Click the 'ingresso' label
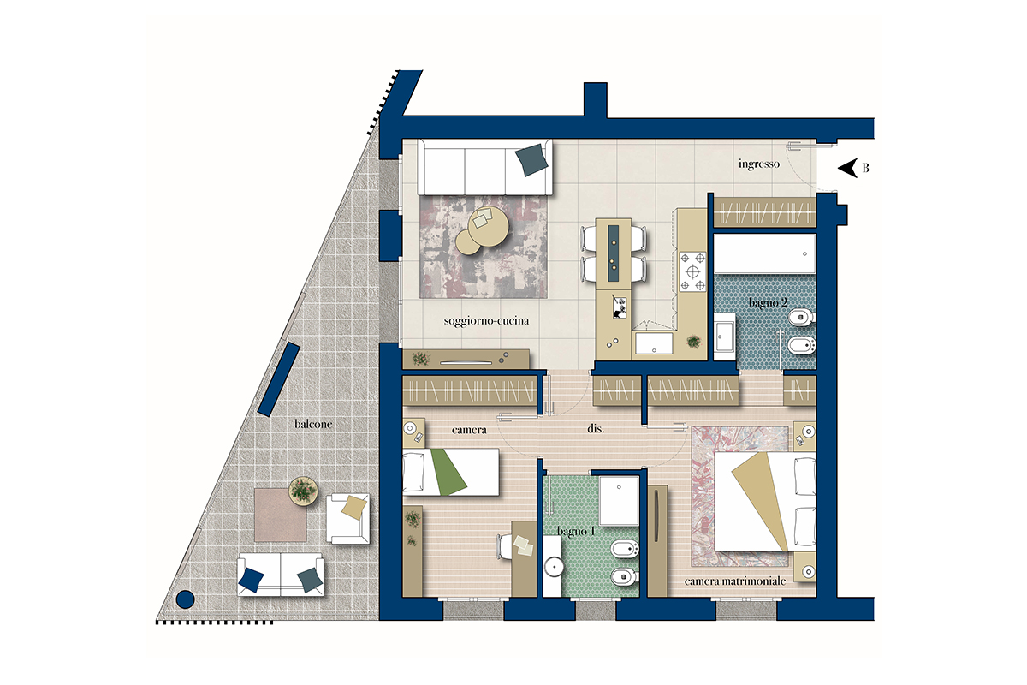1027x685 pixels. coord(759,164)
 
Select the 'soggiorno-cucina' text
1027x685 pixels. coord(486,321)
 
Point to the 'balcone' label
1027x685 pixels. coord(313,424)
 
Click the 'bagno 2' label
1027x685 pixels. coord(768,302)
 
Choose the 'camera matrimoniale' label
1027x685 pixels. coord(735,581)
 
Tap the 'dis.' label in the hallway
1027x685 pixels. coord(596,429)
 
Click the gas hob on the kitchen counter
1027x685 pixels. coord(692,271)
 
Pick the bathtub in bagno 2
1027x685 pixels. coord(765,253)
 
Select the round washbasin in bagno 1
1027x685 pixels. coord(554,567)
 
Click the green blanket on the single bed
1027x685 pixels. coord(448,472)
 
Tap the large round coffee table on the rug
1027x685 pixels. coord(489,227)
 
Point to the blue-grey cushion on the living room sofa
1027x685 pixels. coord(531,159)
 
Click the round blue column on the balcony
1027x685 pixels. coord(185,599)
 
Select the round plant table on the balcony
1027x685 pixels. coord(303,491)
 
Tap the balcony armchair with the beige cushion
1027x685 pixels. coord(347,518)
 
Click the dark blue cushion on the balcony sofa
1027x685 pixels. coord(252,580)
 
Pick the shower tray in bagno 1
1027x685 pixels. coord(619,501)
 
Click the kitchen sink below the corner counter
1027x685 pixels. coord(653,343)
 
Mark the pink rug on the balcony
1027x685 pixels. coord(280,515)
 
